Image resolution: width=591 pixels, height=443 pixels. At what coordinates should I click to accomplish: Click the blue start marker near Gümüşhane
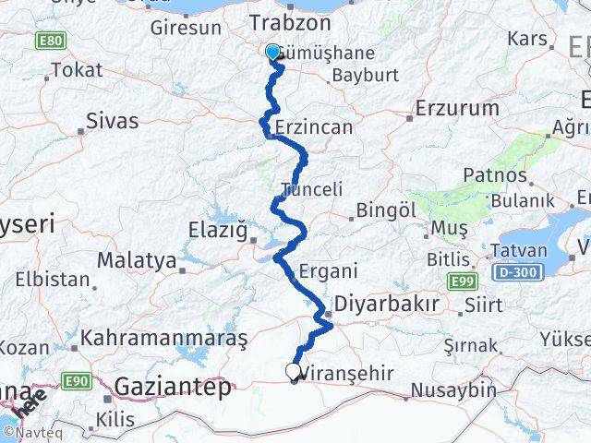coord(273,53)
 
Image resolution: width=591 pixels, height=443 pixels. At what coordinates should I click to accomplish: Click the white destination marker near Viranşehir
coord(294,371)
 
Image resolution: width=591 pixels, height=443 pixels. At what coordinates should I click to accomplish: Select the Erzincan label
coord(314,127)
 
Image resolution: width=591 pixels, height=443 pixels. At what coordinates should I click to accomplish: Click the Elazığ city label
coord(217,229)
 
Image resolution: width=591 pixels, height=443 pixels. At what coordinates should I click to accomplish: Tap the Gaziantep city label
coord(173,388)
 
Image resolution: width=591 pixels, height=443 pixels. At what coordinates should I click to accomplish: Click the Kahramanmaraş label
coord(163,339)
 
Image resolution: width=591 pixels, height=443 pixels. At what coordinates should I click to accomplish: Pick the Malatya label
coord(136,261)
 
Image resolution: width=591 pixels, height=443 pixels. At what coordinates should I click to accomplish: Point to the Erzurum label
coord(457,108)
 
